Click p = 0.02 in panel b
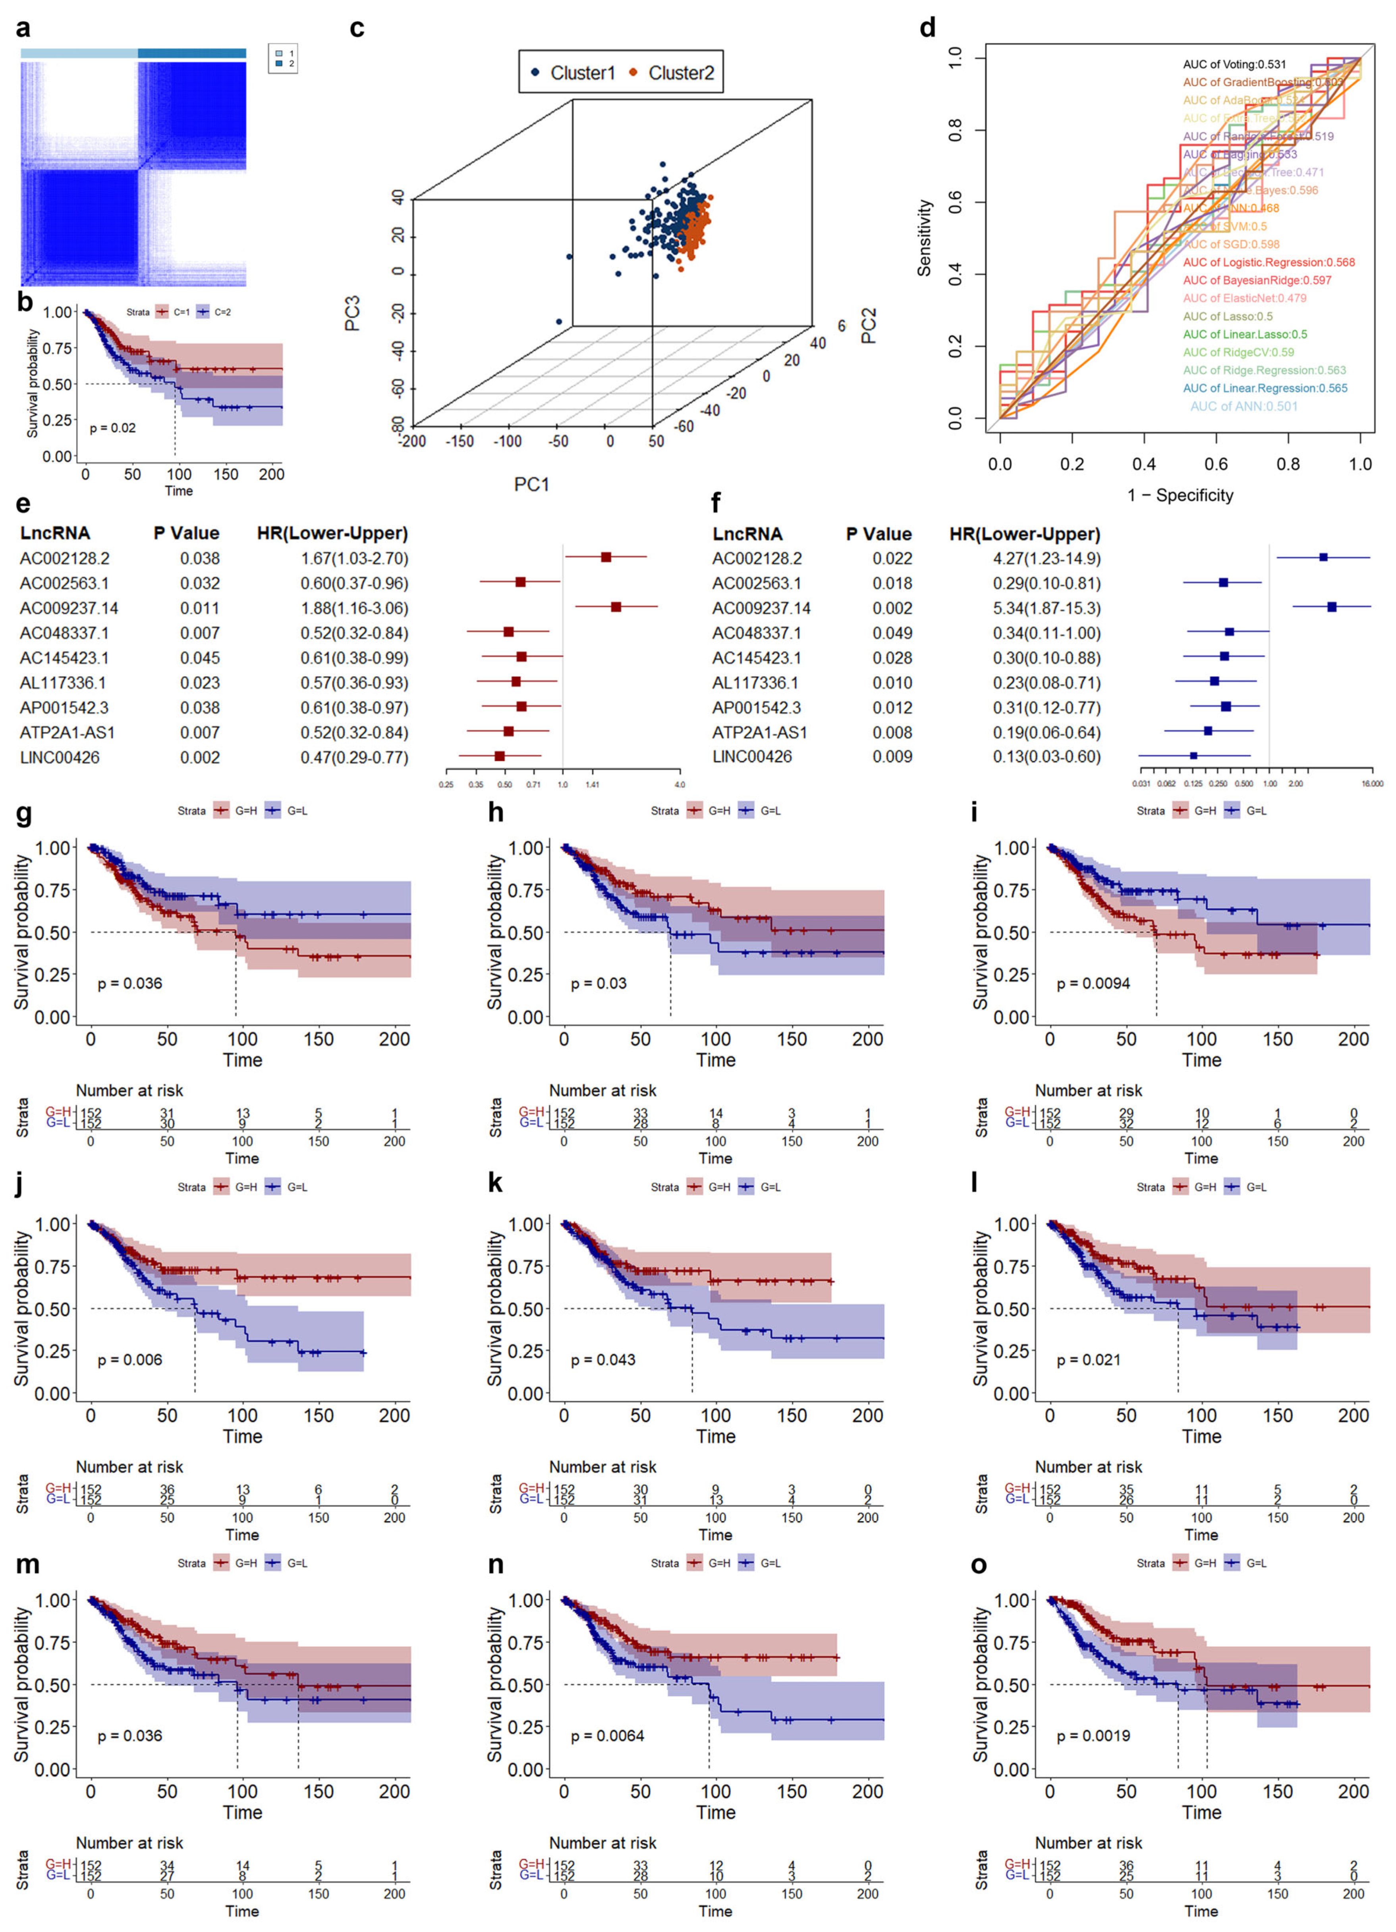tap(112, 427)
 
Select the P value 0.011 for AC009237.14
tap(199, 608)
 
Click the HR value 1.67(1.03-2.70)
tap(353, 559)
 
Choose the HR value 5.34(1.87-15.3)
tap(1046, 608)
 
